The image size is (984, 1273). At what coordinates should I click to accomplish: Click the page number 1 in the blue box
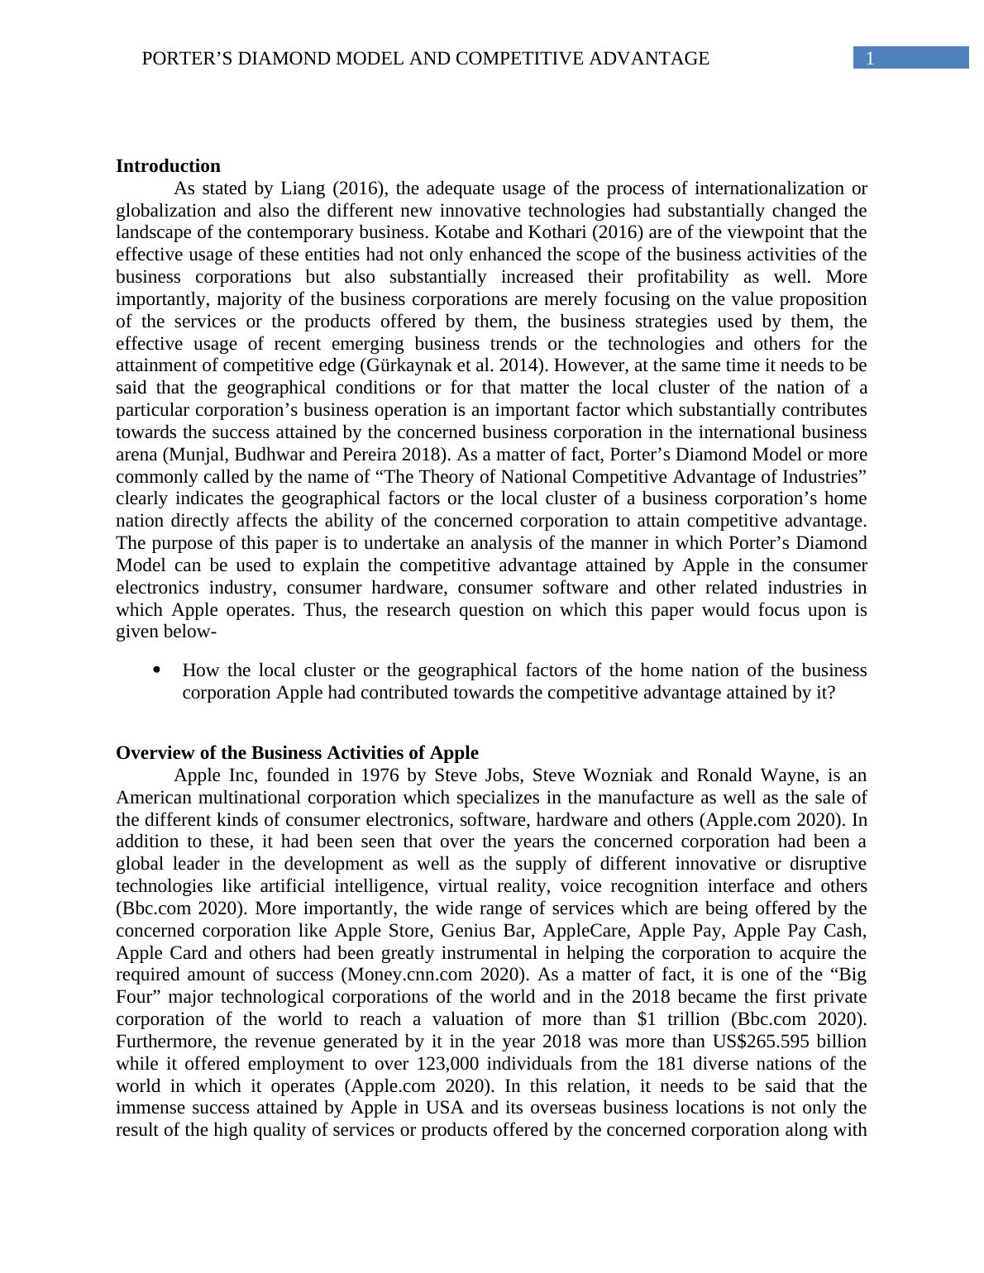[x=869, y=59]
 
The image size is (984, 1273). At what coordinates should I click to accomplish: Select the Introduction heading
[x=168, y=166]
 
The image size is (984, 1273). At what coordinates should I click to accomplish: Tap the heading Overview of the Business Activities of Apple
[x=297, y=753]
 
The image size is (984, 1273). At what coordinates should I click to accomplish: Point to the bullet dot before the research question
[x=157, y=670]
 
